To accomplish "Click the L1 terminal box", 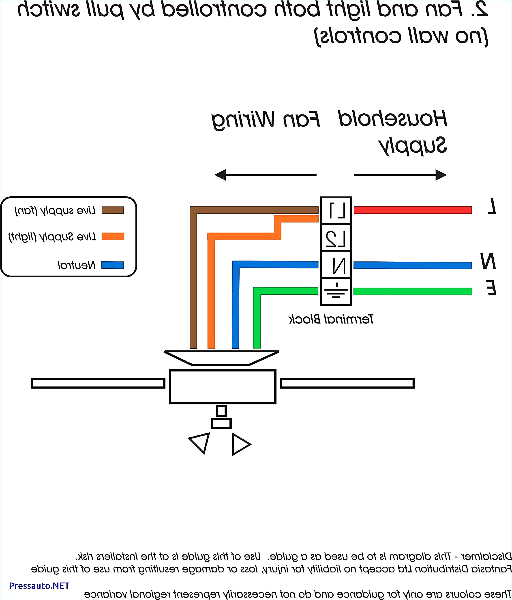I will point(336,211).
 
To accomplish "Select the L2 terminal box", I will point(336,238).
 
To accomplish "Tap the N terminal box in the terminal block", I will point(336,265).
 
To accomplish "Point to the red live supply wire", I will point(412,210).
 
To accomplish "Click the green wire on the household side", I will point(412,291).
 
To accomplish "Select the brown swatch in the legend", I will point(113,210).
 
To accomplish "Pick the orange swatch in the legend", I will point(113,236).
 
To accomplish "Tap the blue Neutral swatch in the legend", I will point(113,265).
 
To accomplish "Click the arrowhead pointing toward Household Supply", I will point(441,175).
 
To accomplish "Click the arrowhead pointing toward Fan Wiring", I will point(220,175).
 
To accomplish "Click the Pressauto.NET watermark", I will point(39,585).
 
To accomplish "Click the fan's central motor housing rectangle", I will point(223,386).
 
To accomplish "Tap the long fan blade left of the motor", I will point(98,383).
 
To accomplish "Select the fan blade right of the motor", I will point(347,383).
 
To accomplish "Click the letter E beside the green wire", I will point(491,288).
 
